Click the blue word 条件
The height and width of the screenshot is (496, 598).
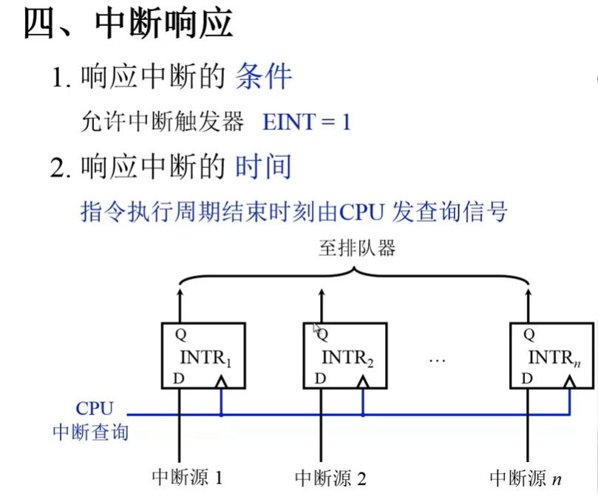tap(264, 77)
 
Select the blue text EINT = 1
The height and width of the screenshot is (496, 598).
tap(306, 122)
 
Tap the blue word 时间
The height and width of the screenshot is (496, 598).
tap(263, 167)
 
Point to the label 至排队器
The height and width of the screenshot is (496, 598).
tap(357, 248)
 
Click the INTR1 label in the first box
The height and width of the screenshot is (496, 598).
tap(206, 359)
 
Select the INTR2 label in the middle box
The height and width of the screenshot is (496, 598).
tap(348, 359)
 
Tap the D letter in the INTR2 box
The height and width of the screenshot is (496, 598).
tap(319, 378)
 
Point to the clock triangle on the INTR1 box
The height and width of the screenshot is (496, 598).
tap(220, 381)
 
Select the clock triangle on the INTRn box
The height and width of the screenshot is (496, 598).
tap(569, 381)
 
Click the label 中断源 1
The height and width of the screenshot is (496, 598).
tap(187, 477)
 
